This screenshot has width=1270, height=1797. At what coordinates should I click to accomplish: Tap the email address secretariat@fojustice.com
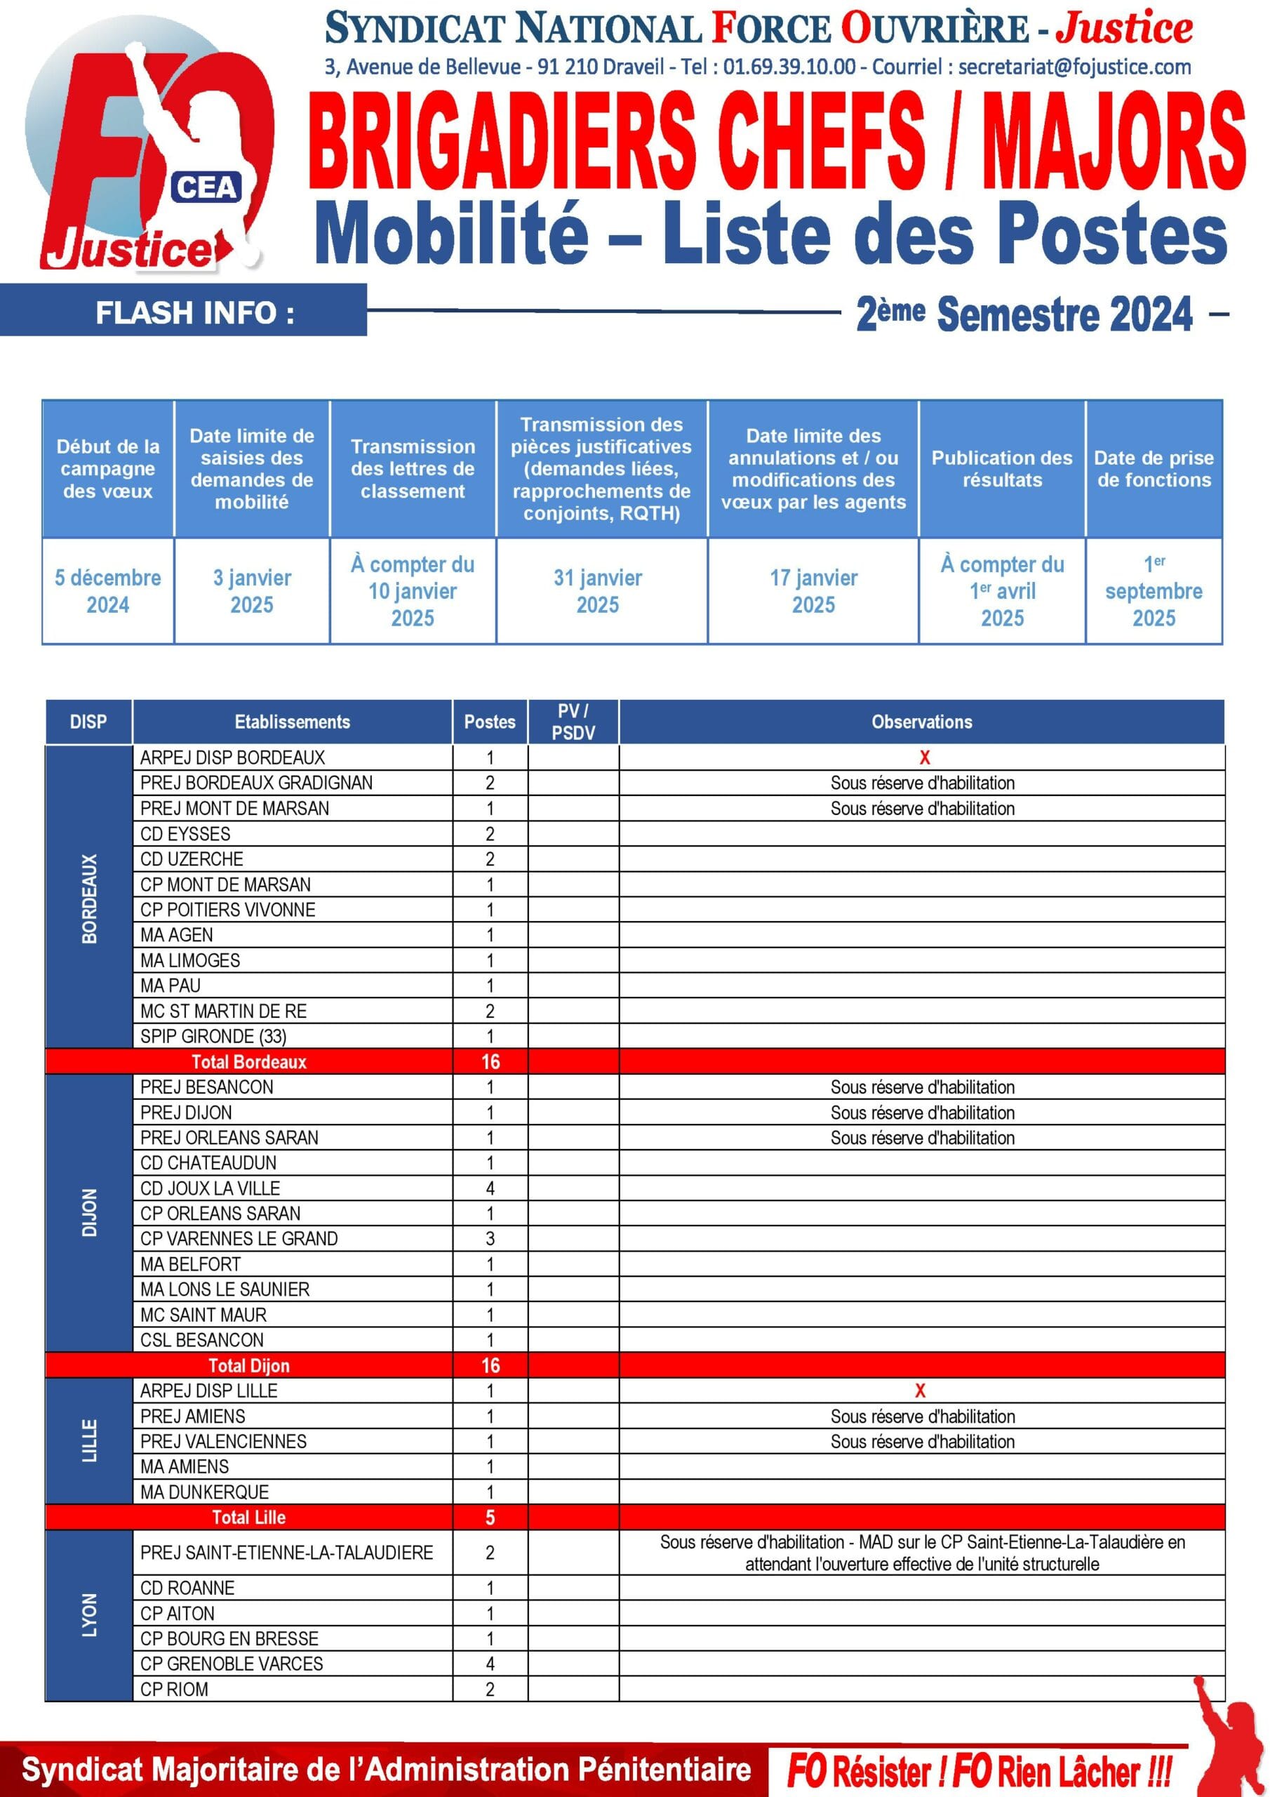pos(1074,67)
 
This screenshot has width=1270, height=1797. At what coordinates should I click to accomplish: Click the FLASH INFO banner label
pos(195,313)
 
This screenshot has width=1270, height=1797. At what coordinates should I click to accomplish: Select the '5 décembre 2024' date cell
pos(108,591)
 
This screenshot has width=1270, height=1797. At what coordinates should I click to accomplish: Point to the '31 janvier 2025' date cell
pos(598,591)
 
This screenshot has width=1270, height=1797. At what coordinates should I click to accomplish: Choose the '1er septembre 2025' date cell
pos(1154,591)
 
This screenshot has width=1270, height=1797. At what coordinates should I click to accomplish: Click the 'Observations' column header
pos(922,722)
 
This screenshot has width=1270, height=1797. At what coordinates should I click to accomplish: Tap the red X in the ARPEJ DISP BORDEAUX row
pos(924,757)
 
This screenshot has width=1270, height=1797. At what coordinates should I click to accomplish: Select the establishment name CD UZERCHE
pos(192,858)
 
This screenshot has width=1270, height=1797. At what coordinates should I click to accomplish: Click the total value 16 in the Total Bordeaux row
pos(490,1061)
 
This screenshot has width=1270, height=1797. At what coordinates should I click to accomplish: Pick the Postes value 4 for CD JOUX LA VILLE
pos(490,1188)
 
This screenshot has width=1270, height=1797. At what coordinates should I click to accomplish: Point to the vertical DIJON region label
pos(89,1212)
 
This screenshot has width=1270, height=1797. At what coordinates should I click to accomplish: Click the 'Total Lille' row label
pos(249,1517)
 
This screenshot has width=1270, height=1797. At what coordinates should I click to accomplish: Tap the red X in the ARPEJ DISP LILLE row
pos(920,1391)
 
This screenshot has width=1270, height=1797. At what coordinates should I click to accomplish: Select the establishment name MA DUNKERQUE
pos(204,1492)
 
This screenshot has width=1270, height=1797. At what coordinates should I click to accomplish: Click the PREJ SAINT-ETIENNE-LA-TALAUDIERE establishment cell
pos(286,1553)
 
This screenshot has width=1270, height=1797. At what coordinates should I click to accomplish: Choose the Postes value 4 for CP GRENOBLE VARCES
pos(490,1663)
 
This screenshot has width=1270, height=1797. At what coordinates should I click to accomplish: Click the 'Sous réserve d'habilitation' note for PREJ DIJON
pos(922,1112)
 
